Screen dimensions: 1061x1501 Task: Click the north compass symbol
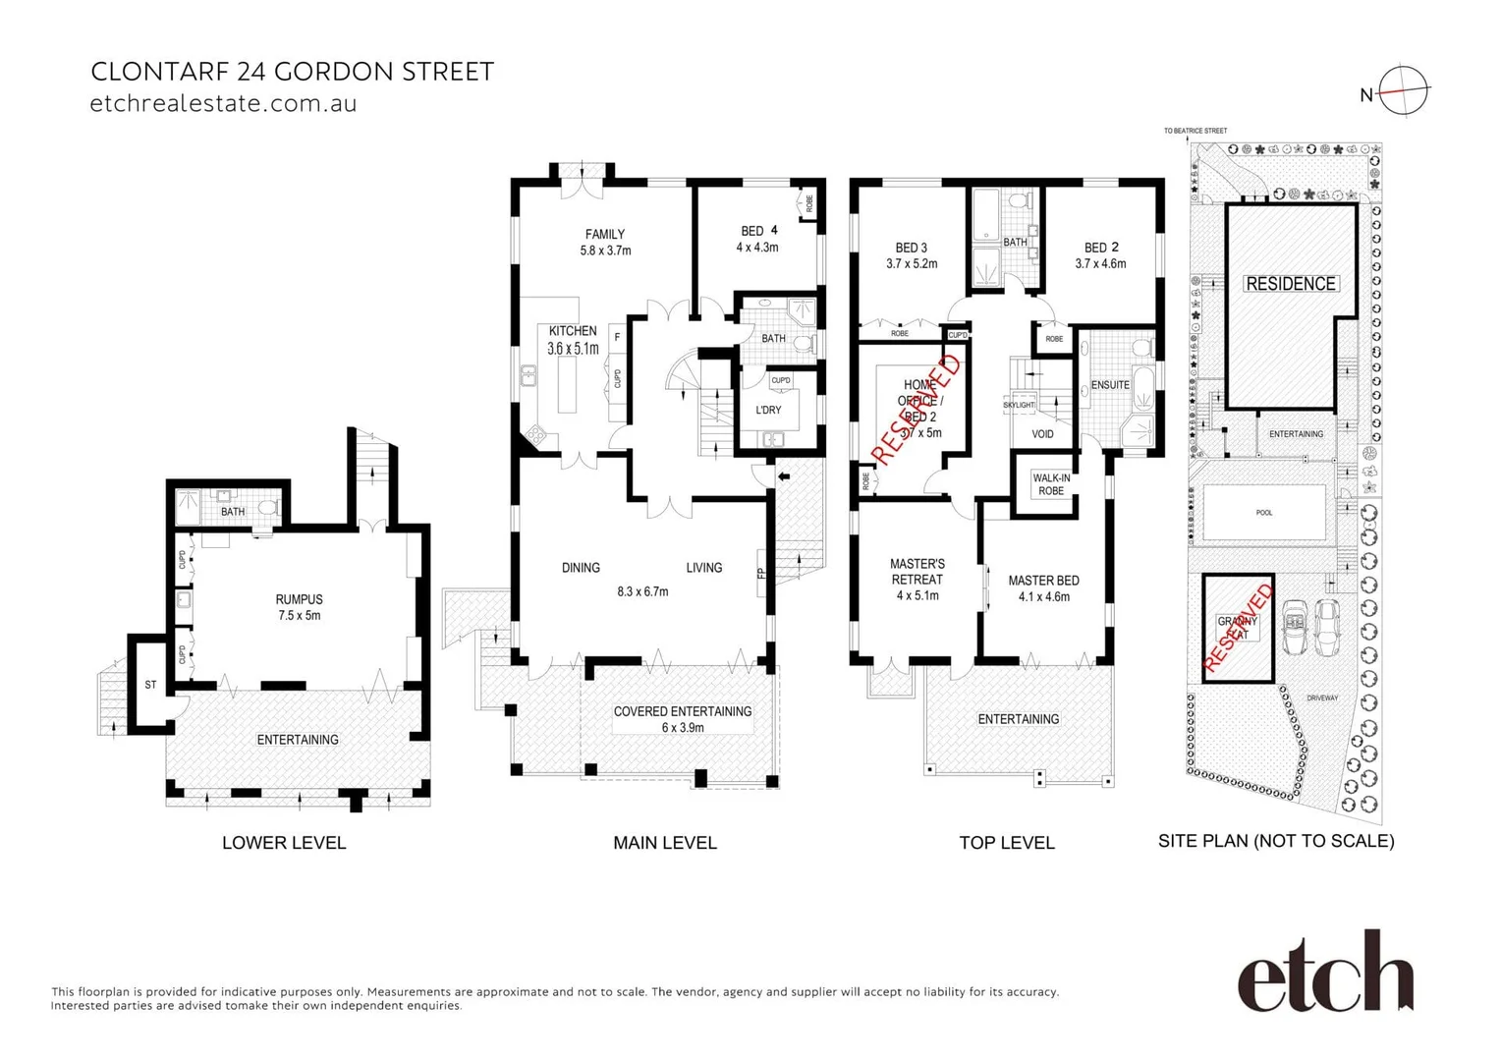point(1403,90)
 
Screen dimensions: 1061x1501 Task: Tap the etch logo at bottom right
point(1324,973)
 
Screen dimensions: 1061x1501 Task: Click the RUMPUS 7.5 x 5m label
point(299,607)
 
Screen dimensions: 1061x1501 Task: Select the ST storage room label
point(150,685)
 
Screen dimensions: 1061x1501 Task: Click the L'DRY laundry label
point(768,410)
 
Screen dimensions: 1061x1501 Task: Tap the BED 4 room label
point(757,239)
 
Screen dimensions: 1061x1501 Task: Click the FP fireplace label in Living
point(760,573)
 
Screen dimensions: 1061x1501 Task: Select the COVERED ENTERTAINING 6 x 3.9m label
point(683,719)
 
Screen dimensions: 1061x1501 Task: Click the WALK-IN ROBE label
point(1051,484)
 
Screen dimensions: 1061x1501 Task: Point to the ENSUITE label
point(1110,385)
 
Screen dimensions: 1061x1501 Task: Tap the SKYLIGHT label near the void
point(1019,405)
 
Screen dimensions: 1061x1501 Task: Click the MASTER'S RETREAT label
point(917,580)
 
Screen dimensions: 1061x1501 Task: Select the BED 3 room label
point(912,255)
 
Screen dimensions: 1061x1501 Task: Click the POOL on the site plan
point(1264,512)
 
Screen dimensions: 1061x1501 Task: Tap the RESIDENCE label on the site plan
point(1291,284)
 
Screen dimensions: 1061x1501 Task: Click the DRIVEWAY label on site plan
point(1322,698)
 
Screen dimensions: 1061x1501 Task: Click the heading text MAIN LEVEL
point(665,843)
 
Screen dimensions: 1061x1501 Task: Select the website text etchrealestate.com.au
point(223,103)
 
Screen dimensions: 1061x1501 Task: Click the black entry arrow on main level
point(784,476)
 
